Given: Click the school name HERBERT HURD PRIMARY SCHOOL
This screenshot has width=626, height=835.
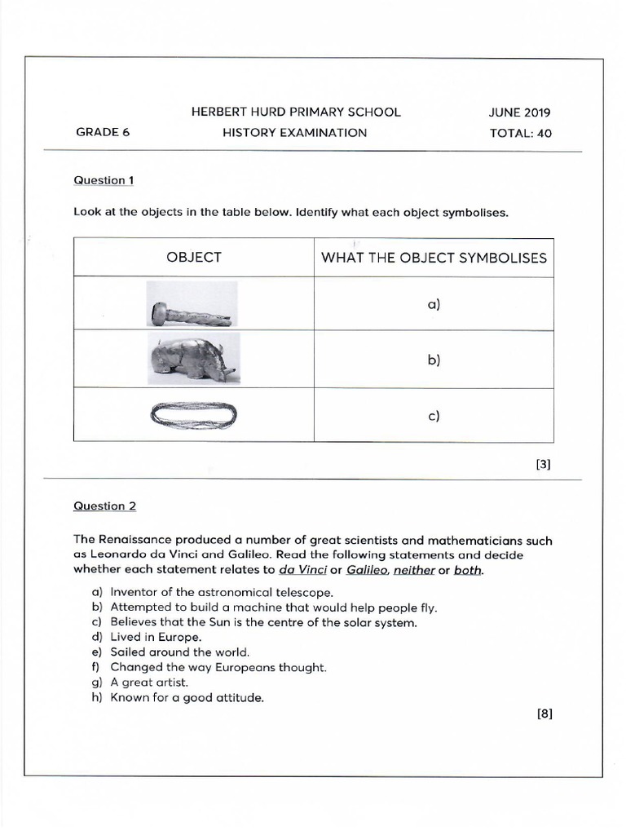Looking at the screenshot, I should click(x=296, y=112).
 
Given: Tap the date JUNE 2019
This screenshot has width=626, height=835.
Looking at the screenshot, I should click(x=520, y=113).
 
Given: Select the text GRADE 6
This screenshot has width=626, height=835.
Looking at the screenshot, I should click(x=103, y=132).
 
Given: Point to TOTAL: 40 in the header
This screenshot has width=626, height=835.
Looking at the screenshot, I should click(x=520, y=133).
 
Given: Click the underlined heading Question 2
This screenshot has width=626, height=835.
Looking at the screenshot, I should click(x=105, y=506).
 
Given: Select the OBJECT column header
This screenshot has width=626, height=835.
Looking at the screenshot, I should click(x=194, y=258).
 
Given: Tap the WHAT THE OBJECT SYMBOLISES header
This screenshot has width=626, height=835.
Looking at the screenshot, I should click(x=434, y=258).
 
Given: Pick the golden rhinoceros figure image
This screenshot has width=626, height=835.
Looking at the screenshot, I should click(x=192, y=360).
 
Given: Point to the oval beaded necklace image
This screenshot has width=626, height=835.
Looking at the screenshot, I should click(x=193, y=414).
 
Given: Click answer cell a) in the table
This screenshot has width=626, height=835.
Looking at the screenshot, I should click(x=433, y=305).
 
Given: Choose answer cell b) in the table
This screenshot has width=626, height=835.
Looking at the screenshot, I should click(x=433, y=360).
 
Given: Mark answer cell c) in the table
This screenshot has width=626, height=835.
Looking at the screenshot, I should click(x=433, y=415).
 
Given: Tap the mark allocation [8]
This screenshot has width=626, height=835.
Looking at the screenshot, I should click(x=544, y=714).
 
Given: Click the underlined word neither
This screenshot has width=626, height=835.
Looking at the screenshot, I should click(x=413, y=571).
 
